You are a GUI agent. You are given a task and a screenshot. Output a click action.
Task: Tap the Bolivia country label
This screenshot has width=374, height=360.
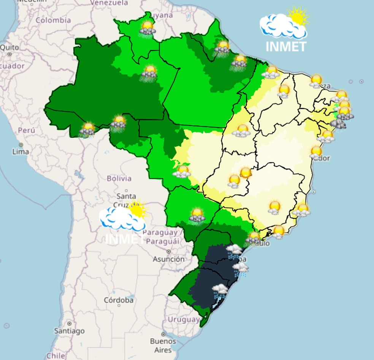click(119, 178)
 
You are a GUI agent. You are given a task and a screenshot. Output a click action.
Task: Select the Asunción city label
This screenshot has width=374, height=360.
click(169, 259)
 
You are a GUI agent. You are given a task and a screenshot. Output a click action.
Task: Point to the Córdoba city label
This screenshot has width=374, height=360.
click(119, 300)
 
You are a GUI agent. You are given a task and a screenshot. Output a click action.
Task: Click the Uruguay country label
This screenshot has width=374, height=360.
click(184, 319)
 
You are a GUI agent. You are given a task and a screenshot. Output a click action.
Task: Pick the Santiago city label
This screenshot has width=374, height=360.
click(69, 331)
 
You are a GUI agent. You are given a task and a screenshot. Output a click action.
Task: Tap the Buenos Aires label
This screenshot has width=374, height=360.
click(163, 345)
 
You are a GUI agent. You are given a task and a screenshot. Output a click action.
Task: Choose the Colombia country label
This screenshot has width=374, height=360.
click(53, 20)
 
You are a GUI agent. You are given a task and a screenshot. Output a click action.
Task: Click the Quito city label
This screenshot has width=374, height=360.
click(9, 48)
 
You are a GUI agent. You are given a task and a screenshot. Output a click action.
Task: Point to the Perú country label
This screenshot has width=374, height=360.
click(27, 130)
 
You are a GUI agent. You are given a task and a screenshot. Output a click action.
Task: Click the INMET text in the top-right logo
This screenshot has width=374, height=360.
click(286, 46)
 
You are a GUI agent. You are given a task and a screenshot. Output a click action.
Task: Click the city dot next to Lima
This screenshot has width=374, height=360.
click(21, 145)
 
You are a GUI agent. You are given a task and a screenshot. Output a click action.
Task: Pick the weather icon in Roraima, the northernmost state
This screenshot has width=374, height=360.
click(147, 28)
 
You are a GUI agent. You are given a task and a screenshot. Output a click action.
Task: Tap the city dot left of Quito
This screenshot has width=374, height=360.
click(10, 54)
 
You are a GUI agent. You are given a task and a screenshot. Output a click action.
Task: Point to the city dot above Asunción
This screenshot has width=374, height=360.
click(168, 252)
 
